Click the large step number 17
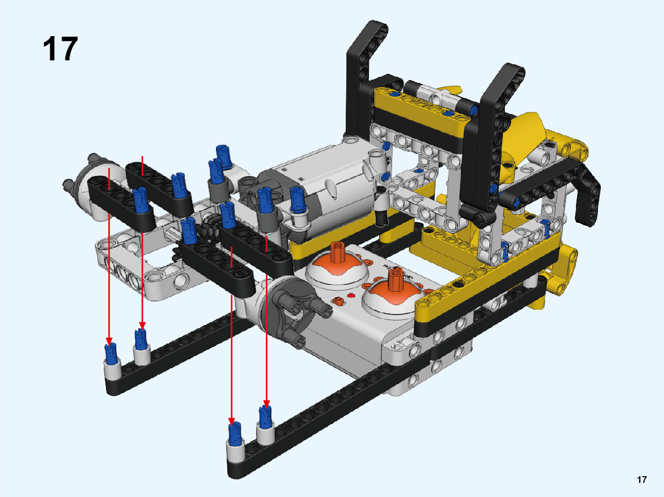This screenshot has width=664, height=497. coord(60,49)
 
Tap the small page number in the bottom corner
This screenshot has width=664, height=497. coord(641,480)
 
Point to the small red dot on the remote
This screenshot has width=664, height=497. coord(351,296)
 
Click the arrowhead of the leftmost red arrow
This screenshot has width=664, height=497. coord(109,341)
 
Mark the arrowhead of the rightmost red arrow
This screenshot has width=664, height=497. coord(266,403)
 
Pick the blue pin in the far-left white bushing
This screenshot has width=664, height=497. coord(111,354)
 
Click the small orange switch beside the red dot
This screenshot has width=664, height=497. coord(337,301)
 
